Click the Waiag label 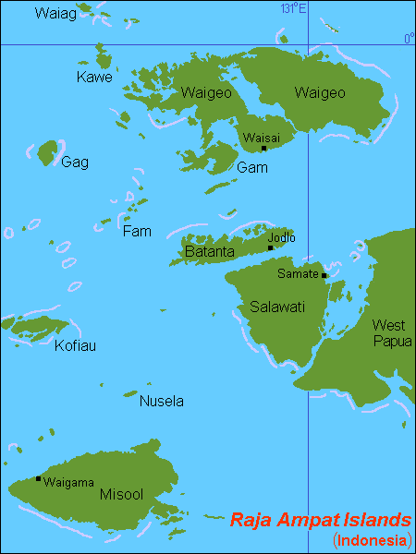[x=51, y=13]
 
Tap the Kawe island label [x=95, y=78]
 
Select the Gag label [x=75, y=163]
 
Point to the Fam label [x=137, y=231]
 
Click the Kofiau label [x=75, y=345]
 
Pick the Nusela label [x=161, y=402]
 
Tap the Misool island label [x=120, y=495]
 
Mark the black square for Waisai [x=263, y=148]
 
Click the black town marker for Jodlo [x=270, y=247]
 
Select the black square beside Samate [x=324, y=275]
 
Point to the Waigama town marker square [x=38, y=478]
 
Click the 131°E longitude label [x=294, y=8]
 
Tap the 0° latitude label [x=409, y=38]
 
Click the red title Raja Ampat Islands [x=320, y=519]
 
